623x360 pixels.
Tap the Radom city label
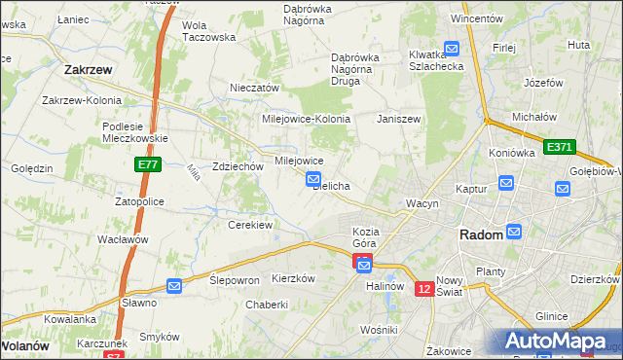tap(481, 235)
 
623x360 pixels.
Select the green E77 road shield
tap(147, 166)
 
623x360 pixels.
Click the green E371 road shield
tap(559, 147)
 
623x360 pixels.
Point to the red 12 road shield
tap(423, 289)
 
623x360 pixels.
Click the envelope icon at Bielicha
tap(313, 178)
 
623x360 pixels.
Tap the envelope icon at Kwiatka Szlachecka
tap(452, 48)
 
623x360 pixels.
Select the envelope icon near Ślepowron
tap(174, 285)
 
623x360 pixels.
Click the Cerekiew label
tap(249, 225)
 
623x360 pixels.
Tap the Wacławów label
tap(122, 239)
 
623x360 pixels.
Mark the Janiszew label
tap(399, 119)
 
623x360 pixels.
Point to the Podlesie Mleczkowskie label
tap(136, 131)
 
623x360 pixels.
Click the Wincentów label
tap(476, 18)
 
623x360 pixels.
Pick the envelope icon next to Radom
tap(514, 232)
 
